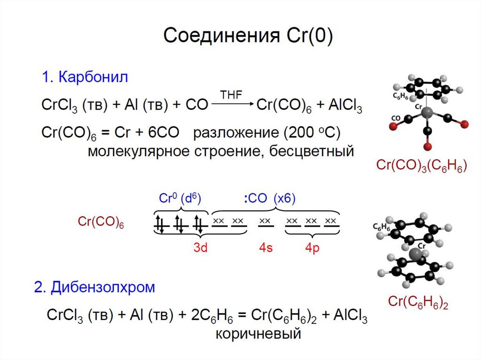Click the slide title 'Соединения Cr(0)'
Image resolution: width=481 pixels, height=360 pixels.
[248, 36]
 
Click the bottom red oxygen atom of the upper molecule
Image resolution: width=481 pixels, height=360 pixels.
[427, 146]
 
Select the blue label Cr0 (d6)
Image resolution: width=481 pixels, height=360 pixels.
[180, 199]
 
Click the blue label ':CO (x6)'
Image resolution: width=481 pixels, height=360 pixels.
[269, 199]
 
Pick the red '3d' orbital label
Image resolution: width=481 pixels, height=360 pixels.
[201, 248]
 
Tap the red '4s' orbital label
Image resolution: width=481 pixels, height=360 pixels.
[265, 248]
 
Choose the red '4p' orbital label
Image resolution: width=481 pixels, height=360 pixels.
[312, 248]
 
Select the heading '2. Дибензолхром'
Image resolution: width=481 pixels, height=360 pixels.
[94, 287]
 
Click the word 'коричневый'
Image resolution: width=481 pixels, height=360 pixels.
[258, 334]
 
